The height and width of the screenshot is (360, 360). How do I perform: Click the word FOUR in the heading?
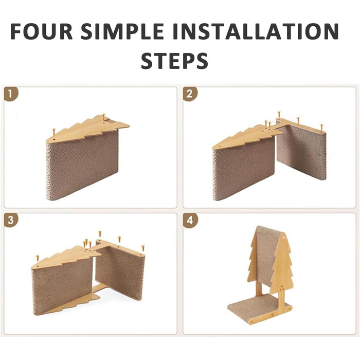[42, 31]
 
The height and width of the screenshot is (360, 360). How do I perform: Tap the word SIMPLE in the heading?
[122, 31]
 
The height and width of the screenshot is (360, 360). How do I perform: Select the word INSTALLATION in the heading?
[256, 31]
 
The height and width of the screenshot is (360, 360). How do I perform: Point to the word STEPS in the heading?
[174, 61]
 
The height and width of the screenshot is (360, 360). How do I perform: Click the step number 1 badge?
[11, 94]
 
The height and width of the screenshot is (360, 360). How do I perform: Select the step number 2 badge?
[190, 94]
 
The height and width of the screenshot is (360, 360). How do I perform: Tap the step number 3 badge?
[11, 221]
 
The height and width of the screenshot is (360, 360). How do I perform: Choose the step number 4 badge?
[190, 221]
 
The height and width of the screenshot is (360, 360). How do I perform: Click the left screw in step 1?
[54, 132]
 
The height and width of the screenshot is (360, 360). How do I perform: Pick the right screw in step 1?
[103, 117]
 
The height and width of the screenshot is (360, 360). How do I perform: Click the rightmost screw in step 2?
[321, 127]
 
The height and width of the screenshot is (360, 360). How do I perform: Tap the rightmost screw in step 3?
[143, 248]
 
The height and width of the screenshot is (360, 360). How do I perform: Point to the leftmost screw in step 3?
[37, 258]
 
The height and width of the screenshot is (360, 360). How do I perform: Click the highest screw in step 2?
[279, 115]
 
